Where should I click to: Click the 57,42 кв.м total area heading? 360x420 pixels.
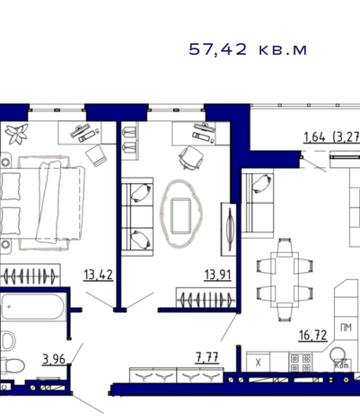248,49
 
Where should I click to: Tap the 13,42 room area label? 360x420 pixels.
99,275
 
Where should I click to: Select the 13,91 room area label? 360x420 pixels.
217,275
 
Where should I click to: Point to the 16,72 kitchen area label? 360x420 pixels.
312,336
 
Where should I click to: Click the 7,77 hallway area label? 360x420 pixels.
207,357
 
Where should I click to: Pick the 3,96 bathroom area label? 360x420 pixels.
54,359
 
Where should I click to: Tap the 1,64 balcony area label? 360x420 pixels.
314,137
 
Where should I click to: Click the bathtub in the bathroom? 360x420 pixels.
32,307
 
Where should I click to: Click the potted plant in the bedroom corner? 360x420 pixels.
17,133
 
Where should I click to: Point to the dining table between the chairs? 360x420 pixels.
285,280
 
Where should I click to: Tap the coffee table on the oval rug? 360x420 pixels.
181,215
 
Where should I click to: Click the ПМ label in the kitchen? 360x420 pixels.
346,328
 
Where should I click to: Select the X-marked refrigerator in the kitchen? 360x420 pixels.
258,363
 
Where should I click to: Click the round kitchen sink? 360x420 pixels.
338,354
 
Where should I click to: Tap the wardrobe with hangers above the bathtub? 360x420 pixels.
30,275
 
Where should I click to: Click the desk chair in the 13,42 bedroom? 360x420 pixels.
96,155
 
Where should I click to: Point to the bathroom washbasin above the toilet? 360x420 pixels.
8,340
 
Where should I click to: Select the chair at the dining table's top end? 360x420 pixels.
285,247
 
